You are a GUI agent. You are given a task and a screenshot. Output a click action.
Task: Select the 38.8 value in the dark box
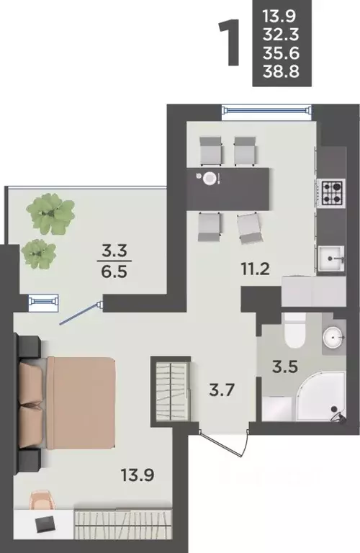click(281, 71)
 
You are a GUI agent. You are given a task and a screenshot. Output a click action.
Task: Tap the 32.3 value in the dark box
click(281, 35)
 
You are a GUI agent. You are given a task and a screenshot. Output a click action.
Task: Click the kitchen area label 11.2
click(256, 269)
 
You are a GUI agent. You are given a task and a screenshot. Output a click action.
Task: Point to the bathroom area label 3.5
click(285, 367)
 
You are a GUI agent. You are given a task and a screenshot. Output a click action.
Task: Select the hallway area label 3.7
click(222, 390)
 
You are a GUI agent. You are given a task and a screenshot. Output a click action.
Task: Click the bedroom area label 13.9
click(138, 475)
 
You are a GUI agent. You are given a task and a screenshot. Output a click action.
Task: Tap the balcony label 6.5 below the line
click(114, 272)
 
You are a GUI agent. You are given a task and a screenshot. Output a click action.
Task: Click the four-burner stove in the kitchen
click(330, 193)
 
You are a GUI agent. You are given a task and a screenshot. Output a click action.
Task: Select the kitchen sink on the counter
click(331, 258)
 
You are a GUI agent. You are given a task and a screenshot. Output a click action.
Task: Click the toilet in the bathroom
click(294, 330)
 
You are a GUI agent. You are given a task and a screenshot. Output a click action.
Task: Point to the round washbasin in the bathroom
click(333, 337)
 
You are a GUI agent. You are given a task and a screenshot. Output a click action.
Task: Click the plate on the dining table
click(210, 178)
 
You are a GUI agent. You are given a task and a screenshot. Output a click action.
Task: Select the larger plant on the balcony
click(51, 213)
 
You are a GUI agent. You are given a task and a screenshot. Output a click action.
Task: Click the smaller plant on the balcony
click(38, 254)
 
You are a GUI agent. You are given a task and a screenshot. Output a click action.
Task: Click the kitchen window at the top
click(267, 110)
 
